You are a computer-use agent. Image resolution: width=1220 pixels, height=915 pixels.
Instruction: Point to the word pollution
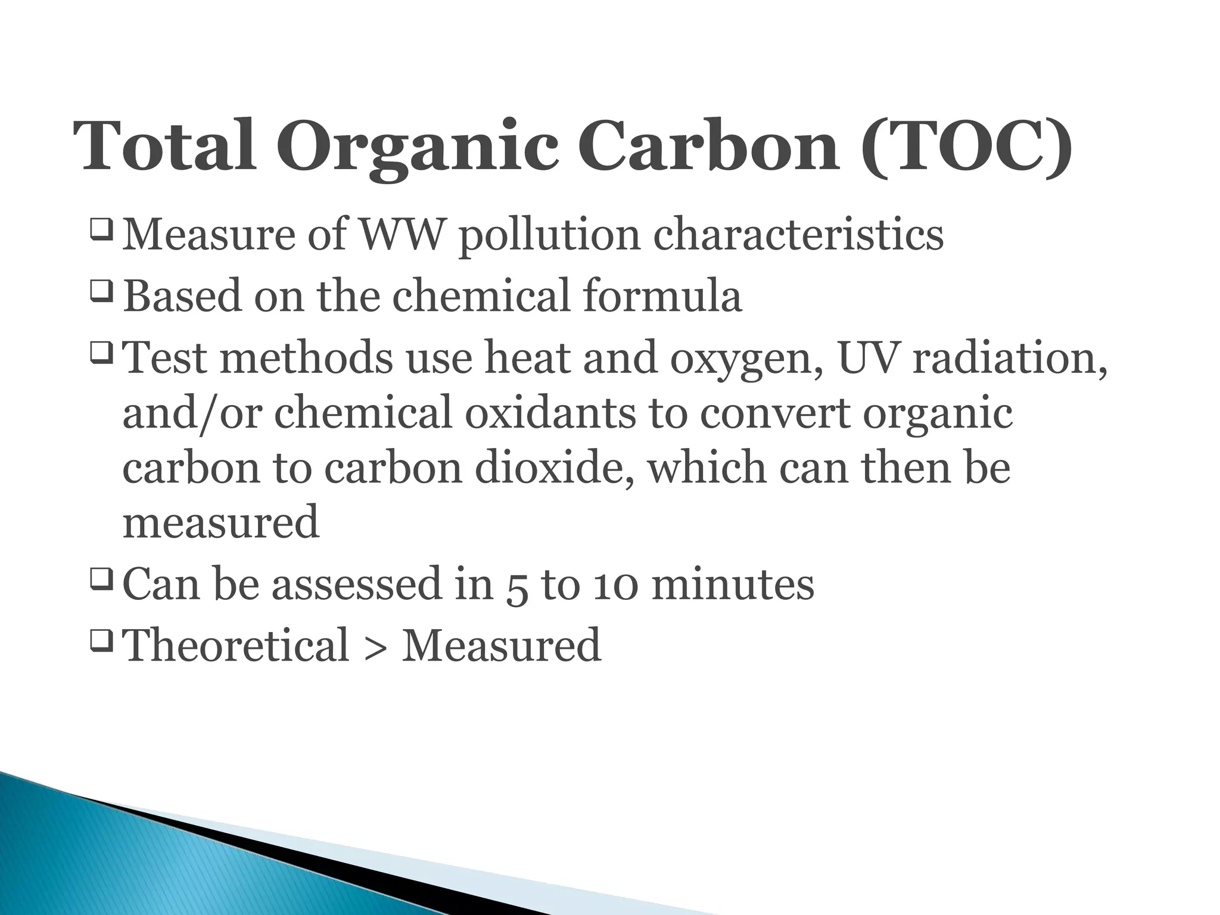click(x=549, y=237)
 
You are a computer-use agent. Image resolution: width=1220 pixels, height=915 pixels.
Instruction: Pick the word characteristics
click(x=798, y=235)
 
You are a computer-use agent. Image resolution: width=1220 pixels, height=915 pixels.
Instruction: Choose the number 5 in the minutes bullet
click(x=517, y=587)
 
